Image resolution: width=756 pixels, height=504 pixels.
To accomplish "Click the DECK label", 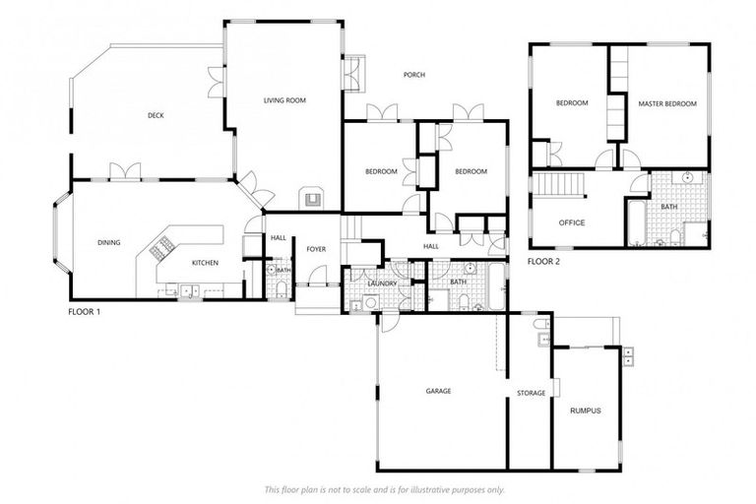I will click(156, 115).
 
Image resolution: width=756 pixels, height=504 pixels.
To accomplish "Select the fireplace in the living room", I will click(313, 198).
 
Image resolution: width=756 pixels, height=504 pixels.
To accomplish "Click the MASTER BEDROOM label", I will click(666, 103).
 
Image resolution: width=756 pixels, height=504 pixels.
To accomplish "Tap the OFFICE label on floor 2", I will click(572, 222).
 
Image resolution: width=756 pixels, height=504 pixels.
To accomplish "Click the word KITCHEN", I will click(205, 263).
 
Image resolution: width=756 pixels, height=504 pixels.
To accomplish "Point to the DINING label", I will click(108, 242).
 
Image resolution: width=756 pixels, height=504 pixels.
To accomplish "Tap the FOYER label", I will click(315, 249).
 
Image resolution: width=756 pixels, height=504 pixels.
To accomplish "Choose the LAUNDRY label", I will click(382, 283).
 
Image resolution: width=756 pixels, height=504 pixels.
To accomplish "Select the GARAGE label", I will click(438, 391).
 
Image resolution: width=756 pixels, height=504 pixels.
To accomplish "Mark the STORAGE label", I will click(531, 393).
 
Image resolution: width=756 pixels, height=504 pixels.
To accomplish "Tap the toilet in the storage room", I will click(540, 324).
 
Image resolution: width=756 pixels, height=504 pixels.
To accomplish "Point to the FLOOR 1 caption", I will click(84, 311).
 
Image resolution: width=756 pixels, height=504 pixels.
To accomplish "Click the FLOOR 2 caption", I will click(543, 262).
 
